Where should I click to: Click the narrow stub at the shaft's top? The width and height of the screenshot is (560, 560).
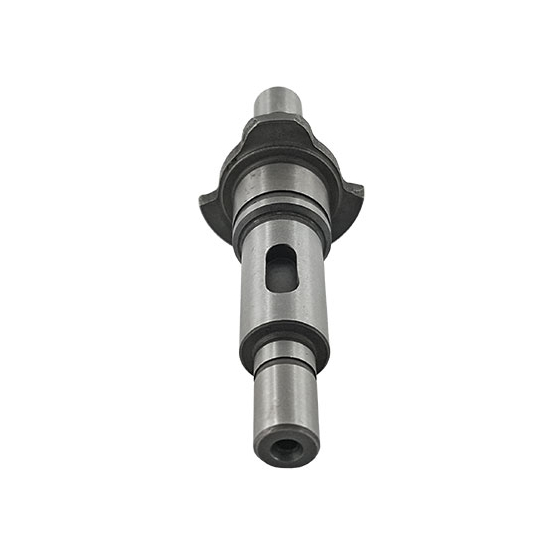point(280,104)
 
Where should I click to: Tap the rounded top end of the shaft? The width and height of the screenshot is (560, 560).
point(280,92)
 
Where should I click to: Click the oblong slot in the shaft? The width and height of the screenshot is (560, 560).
point(282,268)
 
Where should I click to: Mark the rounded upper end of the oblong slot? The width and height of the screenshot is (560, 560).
point(282,251)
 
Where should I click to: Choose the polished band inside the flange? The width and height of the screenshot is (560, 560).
point(280,186)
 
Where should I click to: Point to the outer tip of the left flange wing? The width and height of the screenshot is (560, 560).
point(204,197)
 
